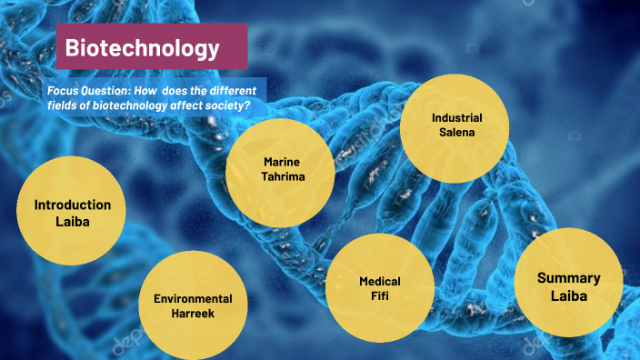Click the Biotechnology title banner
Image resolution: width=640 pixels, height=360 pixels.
[x=152, y=47]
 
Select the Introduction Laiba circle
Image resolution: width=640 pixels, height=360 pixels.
[x=72, y=214]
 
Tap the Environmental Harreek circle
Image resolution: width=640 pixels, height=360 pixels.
[x=193, y=305]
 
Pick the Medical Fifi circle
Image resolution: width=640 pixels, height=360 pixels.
[x=379, y=287]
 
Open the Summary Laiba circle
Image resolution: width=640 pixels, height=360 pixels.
[x=568, y=286]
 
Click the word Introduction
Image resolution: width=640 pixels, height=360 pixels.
[x=73, y=205]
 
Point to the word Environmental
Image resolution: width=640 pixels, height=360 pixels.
[x=193, y=298]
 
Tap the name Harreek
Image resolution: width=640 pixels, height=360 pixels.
[x=193, y=314]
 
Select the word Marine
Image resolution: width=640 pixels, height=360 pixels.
[x=282, y=162]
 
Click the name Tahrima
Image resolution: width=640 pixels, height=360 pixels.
[x=283, y=176]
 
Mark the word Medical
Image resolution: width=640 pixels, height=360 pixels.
[x=379, y=281]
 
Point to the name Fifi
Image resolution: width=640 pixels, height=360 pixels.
[x=379, y=296]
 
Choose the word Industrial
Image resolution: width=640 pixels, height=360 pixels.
[x=456, y=118]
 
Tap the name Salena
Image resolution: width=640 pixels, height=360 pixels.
[x=456, y=133]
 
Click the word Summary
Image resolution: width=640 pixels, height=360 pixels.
[x=568, y=278]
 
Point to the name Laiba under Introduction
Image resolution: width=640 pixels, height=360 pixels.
[x=73, y=222]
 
